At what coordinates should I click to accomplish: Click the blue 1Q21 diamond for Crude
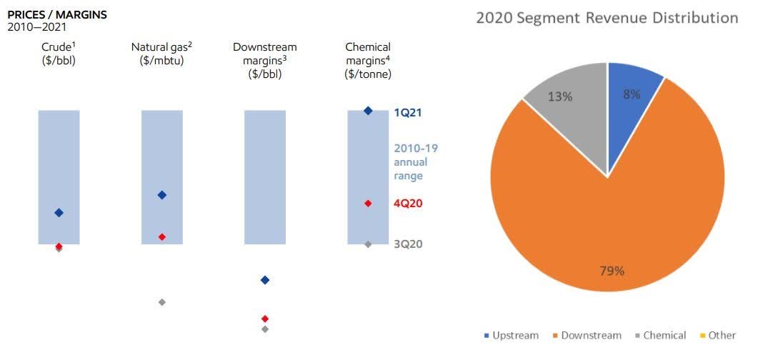click(x=59, y=212)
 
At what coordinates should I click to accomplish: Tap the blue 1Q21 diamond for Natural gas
click(x=161, y=195)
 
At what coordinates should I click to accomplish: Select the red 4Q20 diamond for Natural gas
click(x=162, y=236)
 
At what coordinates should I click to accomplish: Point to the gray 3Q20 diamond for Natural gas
click(x=162, y=302)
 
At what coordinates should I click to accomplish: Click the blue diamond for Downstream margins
click(x=265, y=280)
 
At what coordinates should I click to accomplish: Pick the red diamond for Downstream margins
click(x=265, y=318)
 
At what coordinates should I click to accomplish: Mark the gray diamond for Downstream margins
click(x=265, y=329)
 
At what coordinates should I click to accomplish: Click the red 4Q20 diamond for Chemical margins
click(x=368, y=204)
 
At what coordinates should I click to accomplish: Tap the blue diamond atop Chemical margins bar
click(x=368, y=111)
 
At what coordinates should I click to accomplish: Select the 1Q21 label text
click(x=409, y=113)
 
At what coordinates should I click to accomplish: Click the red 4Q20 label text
click(x=409, y=204)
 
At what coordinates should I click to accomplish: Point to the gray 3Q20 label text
click(x=409, y=244)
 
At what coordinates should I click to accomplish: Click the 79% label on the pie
click(x=612, y=271)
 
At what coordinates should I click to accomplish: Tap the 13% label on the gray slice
click(x=560, y=96)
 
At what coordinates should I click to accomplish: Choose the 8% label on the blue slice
click(x=632, y=94)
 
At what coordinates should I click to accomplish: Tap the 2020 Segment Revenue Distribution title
click(x=607, y=18)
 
